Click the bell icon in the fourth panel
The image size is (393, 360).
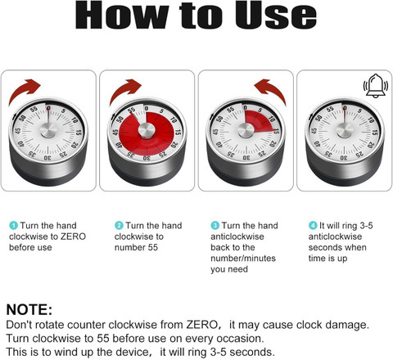point(375,86)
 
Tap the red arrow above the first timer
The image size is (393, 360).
point(22,88)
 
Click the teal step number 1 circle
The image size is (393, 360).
point(13,226)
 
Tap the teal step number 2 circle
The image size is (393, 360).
point(119,226)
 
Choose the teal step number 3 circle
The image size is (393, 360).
point(215,226)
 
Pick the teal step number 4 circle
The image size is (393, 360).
point(313,226)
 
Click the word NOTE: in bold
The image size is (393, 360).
point(29,309)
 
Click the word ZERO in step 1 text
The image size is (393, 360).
point(73,236)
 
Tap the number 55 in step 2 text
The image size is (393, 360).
point(152,247)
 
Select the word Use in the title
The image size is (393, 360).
point(276,15)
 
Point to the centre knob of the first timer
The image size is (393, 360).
point(48,130)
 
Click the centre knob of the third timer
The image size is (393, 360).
point(246,130)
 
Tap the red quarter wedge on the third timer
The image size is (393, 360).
point(260,121)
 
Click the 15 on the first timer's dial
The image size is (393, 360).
point(79,133)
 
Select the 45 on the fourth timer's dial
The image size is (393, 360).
point(314,131)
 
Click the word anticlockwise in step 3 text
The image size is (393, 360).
point(237,236)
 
